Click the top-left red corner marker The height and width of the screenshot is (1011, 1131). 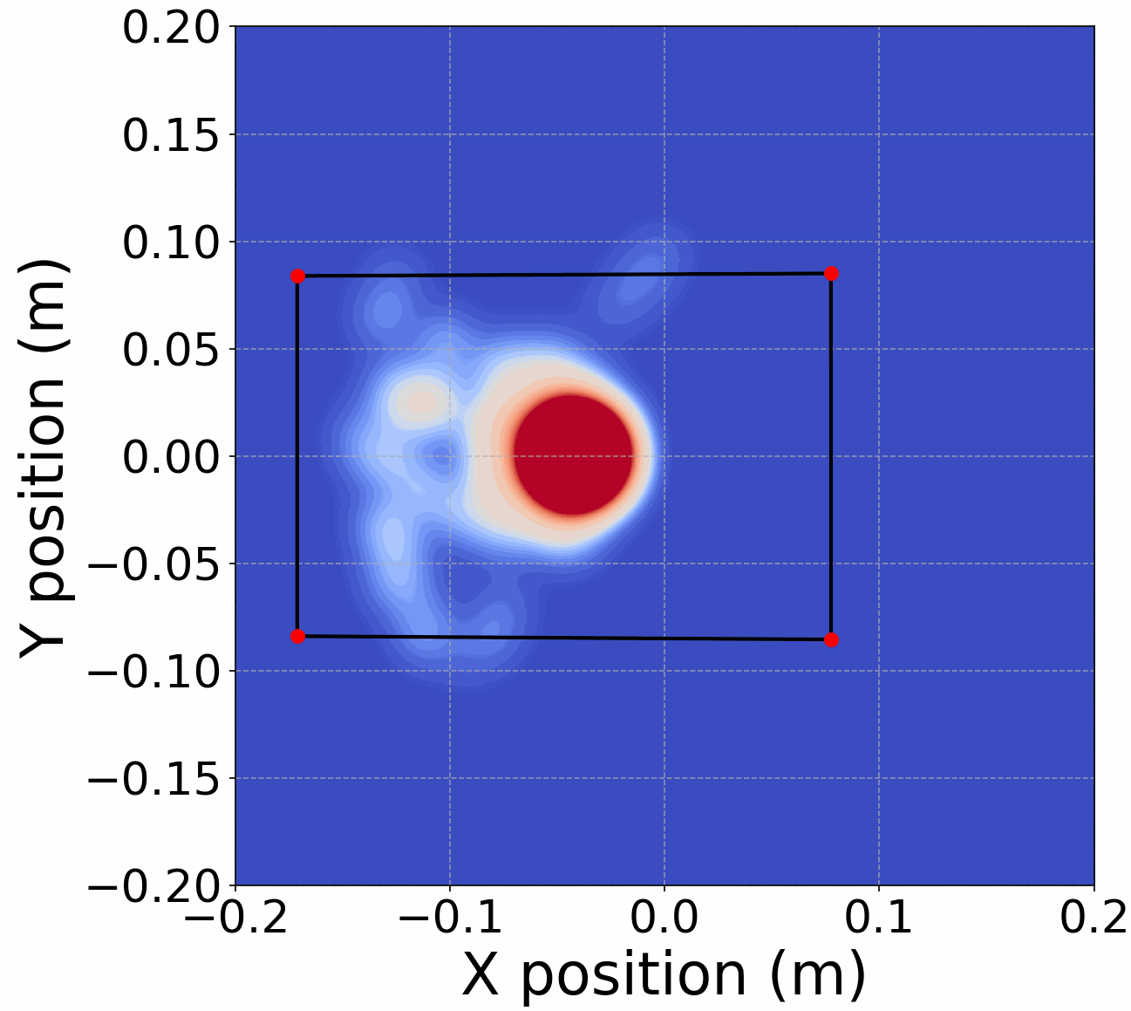click(297, 276)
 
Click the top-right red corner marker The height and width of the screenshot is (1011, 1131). click(831, 273)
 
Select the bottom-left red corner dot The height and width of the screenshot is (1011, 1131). click(297, 636)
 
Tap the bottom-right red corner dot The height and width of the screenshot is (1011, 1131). click(831, 639)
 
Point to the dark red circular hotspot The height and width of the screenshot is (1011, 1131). click(572, 454)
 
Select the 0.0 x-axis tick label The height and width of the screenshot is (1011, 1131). click(664, 917)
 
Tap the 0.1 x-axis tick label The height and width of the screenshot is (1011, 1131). click(879, 917)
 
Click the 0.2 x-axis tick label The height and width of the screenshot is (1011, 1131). click(1093, 917)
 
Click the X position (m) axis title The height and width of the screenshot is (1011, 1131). click(664, 974)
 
